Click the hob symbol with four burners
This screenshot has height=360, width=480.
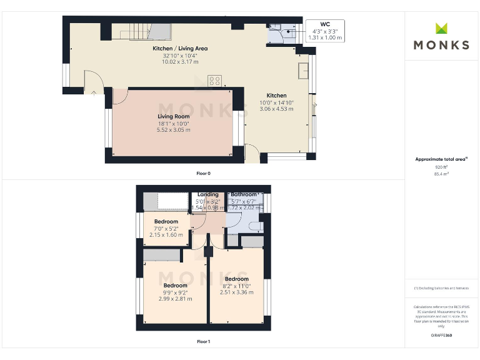pos(215,80)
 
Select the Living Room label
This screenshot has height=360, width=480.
pos(173,116)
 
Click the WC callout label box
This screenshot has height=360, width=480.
pos(326,31)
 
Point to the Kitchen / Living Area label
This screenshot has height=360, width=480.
pos(180,48)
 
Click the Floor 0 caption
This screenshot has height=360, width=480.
pos(203,172)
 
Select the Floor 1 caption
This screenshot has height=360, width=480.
pos(203,342)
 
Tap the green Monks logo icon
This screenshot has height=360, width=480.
pos(442,28)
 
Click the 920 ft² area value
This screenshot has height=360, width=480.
pos(442,167)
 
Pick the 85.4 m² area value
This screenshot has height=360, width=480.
pos(442,174)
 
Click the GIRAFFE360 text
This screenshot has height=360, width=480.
pos(442,336)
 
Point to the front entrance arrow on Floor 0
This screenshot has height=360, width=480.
pos(93,92)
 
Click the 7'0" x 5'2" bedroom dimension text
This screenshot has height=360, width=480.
pos(166,228)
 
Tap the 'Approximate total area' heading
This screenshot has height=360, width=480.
pos(441,159)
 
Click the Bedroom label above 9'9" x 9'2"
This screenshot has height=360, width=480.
pos(175,286)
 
